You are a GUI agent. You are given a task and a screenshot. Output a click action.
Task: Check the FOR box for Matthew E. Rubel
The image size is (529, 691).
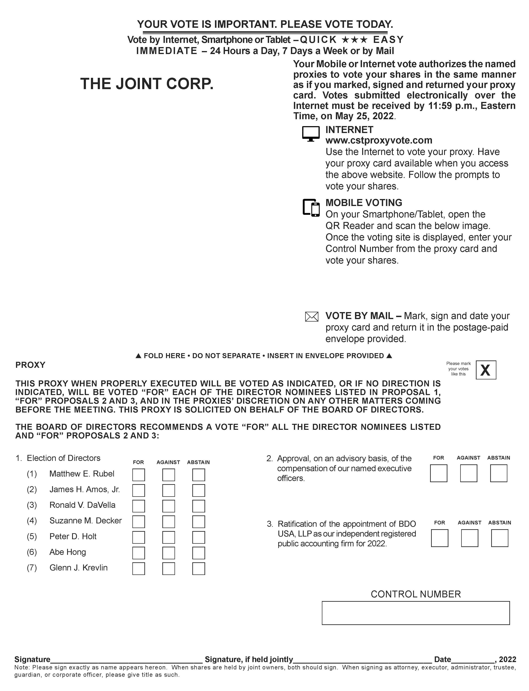pyautogui.click(x=139, y=475)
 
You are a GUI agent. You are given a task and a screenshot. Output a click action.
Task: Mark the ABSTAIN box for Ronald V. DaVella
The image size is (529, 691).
pyautogui.click(x=199, y=506)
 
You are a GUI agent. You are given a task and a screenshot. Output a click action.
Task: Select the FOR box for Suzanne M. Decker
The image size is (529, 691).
pyautogui.click(x=139, y=522)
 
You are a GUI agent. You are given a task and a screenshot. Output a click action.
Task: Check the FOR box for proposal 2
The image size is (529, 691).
pyautogui.click(x=439, y=474)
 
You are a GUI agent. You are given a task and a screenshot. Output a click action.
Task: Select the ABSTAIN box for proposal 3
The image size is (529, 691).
pyautogui.click(x=500, y=538)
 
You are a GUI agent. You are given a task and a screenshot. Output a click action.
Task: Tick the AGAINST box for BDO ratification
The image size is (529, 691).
pyautogui.click(x=470, y=538)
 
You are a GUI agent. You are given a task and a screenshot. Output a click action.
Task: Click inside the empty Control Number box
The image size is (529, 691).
pyautogui.click(x=416, y=613)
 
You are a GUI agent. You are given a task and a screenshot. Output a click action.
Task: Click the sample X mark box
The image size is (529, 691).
pyautogui.click(x=486, y=370)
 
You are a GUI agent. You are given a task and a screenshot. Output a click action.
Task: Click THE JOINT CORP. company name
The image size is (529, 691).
pyautogui.click(x=147, y=84)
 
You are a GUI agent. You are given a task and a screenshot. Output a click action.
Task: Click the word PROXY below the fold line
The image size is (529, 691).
pyautogui.click(x=30, y=365)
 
